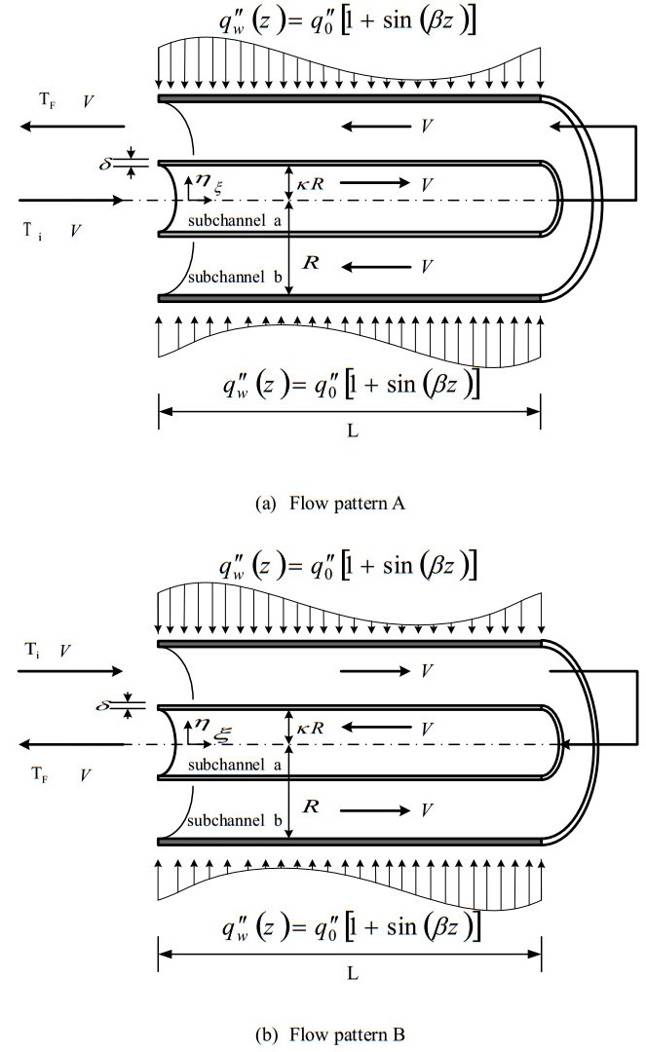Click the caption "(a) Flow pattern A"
pyautogui.click(x=323, y=504)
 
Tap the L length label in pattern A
pyautogui.click(x=352, y=430)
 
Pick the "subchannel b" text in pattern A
pyautogui.click(x=237, y=277)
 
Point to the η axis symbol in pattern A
pyautogui.click(x=201, y=180)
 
